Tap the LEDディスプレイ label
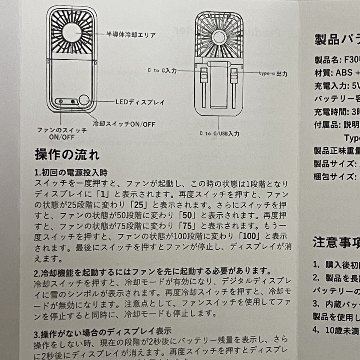tap(140, 102)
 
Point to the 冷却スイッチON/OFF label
tap(124, 124)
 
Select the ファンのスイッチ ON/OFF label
tap(61, 134)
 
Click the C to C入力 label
tap(162, 70)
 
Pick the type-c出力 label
tap(273, 73)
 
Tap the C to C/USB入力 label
tap(219, 133)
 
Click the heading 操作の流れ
tap(67, 155)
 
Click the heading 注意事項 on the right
tap(336, 242)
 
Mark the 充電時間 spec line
tap(336, 112)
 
